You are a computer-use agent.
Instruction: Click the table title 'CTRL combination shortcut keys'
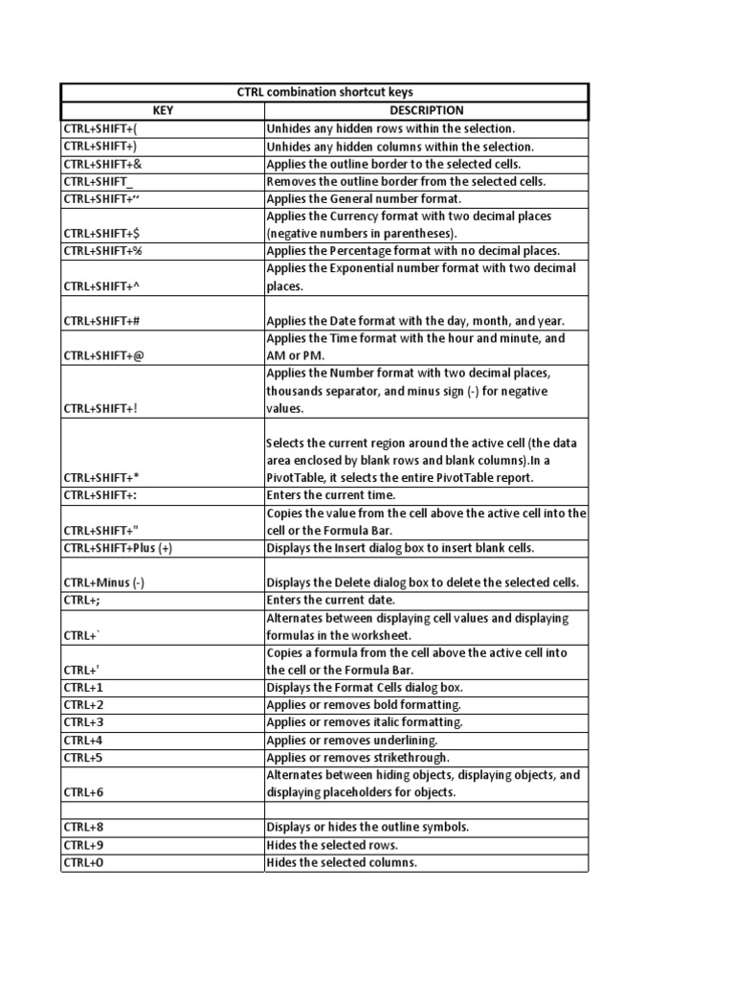point(324,92)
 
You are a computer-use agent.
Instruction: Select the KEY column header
point(162,110)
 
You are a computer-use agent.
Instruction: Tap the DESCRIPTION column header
point(426,110)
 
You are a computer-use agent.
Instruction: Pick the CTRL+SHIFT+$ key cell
point(102,233)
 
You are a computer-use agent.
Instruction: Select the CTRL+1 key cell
point(82,688)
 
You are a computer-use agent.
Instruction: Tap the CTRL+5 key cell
point(83,758)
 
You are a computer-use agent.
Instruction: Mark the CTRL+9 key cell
point(83,845)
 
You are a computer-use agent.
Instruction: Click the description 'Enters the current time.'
point(330,495)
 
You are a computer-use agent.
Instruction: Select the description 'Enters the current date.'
point(330,600)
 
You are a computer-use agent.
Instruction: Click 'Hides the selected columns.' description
point(342,862)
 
